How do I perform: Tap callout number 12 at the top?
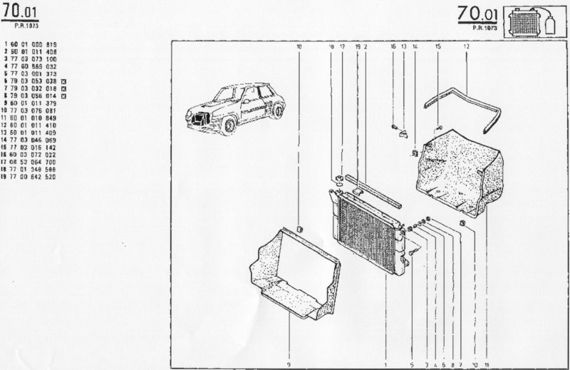(466, 46)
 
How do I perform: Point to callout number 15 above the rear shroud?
(438, 46)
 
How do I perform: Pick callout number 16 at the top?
(393, 46)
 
